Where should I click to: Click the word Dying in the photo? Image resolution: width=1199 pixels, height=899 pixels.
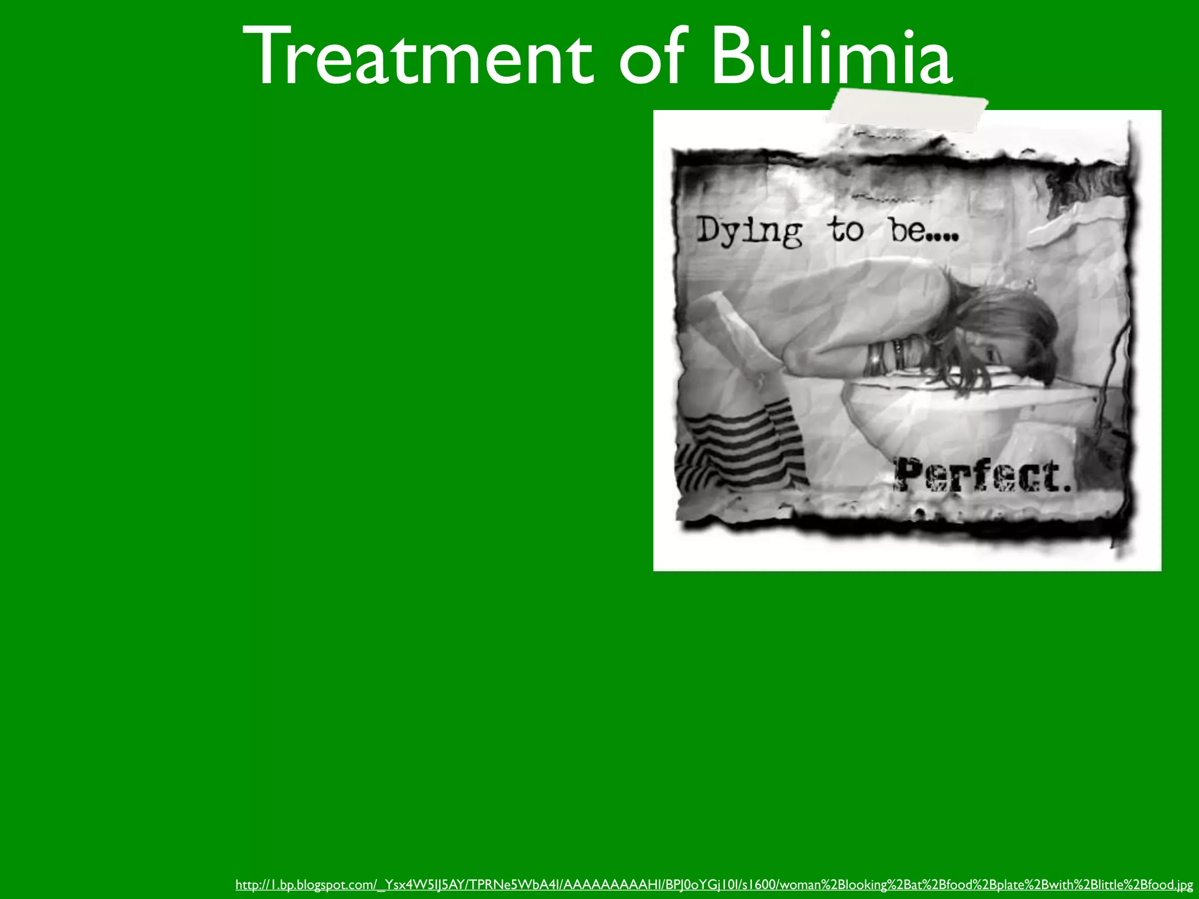[x=749, y=231]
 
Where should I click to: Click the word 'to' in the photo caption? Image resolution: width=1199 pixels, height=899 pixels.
[x=845, y=229]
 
